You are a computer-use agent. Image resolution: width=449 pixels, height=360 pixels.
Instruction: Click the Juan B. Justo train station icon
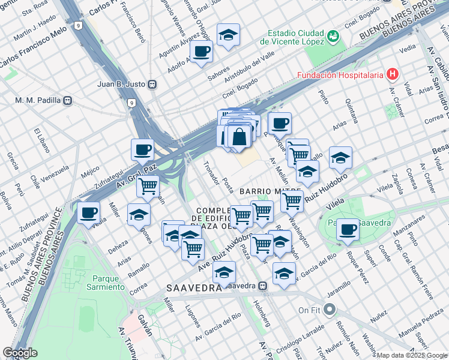(x=152, y=84)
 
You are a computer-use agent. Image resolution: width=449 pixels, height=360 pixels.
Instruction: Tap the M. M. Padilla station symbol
(x=68, y=100)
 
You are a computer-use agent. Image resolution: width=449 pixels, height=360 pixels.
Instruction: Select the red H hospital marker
(x=393, y=74)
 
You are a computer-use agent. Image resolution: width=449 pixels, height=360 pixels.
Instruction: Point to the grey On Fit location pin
(x=328, y=310)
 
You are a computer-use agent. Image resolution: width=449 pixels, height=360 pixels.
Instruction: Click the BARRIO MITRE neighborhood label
(x=270, y=191)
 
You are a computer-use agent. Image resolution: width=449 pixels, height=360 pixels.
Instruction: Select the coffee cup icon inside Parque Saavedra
(x=347, y=229)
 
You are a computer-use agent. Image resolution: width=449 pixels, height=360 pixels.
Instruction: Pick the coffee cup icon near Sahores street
(x=202, y=50)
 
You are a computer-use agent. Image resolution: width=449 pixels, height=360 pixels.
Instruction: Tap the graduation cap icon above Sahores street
(x=228, y=35)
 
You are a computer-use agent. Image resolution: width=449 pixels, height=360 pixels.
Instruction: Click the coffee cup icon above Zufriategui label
(x=142, y=149)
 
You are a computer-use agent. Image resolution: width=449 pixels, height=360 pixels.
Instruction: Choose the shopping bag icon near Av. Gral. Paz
(x=239, y=136)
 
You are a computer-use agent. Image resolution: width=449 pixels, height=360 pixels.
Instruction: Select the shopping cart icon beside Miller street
(x=148, y=185)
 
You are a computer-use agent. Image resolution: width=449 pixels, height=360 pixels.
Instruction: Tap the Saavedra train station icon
(x=263, y=286)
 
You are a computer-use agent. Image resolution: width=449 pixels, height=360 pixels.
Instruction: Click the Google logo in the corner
(x=20, y=353)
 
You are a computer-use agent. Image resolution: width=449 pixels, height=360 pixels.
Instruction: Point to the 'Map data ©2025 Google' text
(x=412, y=355)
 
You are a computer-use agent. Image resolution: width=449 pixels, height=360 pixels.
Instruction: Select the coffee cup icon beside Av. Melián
(x=280, y=124)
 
